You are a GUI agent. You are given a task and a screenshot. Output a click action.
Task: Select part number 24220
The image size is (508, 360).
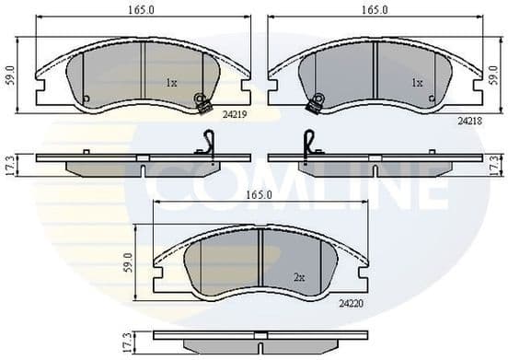click(x=352, y=300)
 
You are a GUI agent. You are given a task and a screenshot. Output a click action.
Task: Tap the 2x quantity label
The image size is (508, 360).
click(x=298, y=276)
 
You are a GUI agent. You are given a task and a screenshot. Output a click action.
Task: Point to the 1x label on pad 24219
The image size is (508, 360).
click(x=171, y=83)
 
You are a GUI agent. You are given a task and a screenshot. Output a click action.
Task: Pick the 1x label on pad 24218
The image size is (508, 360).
click(x=416, y=83)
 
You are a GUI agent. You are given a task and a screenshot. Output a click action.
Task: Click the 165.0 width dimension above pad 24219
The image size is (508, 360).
click(x=141, y=10)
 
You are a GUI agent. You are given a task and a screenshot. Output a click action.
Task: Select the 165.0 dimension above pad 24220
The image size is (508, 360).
click(x=258, y=195)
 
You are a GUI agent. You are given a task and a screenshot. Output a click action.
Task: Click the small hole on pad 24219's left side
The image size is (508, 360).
click(x=85, y=99)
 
